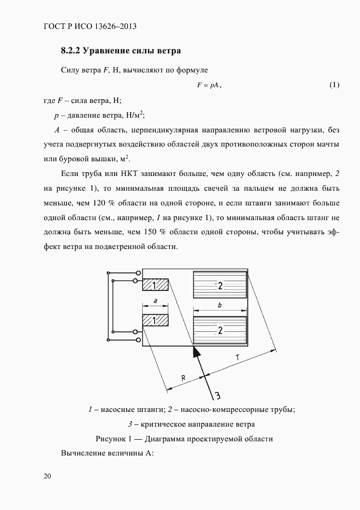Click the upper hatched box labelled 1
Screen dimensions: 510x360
(155, 286)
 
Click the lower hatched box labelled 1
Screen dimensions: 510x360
(155, 321)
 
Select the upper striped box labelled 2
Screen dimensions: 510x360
(219, 286)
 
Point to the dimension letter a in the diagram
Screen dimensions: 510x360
(156, 301)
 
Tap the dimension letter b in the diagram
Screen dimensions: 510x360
(219, 306)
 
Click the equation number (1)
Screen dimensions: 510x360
(334, 85)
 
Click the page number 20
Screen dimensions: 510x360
(47, 477)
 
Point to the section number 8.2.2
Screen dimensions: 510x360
(71, 51)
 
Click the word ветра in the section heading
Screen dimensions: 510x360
(167, 51)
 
